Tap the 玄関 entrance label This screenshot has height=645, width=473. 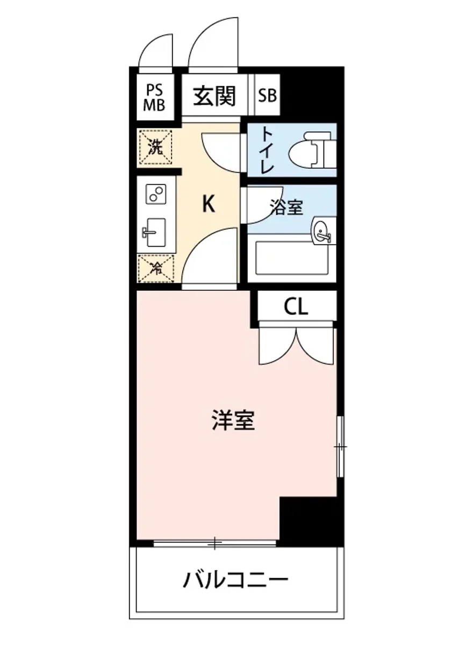click(215, 96)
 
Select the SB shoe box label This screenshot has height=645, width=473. click(267, 96)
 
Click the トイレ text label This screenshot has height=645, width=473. click(265, 149)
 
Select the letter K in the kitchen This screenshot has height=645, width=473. click(209, 204)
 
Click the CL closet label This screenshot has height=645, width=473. click(296, 307)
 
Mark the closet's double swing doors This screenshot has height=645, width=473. click(297, 344)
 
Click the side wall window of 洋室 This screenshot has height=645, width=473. click(340, 446)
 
